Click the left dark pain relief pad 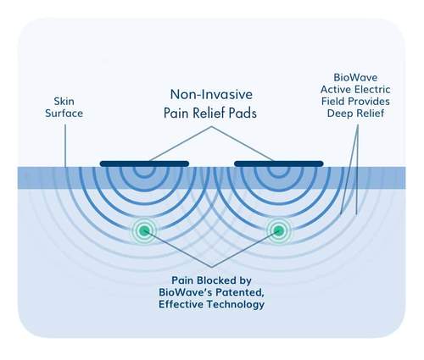144,162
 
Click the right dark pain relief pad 278,162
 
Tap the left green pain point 145,230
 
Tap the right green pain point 277,230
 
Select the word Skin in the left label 64,99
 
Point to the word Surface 64,113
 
